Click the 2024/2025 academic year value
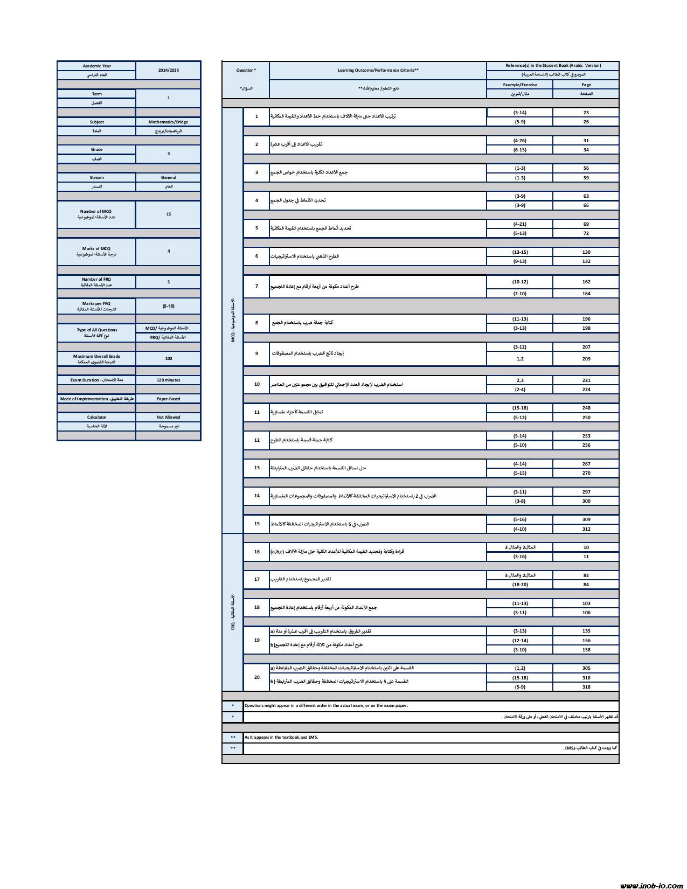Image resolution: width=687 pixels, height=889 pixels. click(x=168, y=70)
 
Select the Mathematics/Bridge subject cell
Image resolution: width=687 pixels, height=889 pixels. click(x=168, y=122)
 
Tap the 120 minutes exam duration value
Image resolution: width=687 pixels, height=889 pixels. click(x=168, y=380)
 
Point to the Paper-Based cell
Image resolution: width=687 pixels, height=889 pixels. click(x=168, y=399)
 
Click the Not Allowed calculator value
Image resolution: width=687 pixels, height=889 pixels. click(x=168, y=417)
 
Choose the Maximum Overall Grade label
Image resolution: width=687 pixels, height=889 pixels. click(x=96, y=359)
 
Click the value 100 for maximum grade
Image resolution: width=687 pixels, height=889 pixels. click(x=168, y=358)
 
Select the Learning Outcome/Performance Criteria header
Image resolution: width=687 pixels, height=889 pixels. click(x=378, y=70)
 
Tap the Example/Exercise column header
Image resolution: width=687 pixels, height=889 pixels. click(x=519, y=85)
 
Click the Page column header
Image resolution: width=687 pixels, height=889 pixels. click(x=586, y=85)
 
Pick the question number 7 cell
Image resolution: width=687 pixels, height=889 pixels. click(x=256, y=286)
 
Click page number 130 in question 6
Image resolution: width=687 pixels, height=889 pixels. click(x=586, y=252)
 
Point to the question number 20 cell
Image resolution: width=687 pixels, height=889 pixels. click(x=256, y=677)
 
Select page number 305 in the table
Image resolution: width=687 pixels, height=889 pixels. click(x=586, y=668)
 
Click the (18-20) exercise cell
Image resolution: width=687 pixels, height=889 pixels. click(x=519, y=585)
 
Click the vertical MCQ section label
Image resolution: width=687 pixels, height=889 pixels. click(x=233, y=321)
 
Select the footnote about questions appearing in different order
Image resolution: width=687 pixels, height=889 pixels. click(x=326, y=705)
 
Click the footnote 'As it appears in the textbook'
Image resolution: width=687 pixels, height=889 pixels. click(x=281, y=738)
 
